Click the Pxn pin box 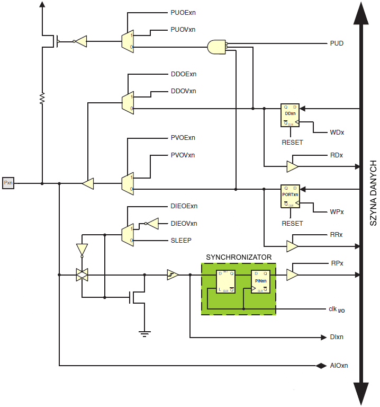click(8, 183)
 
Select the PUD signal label click(337, 43)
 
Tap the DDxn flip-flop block click(290, 115)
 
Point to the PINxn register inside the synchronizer click(260, 281)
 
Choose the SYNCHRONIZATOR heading click(239, 257)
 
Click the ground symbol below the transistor click(144, 333)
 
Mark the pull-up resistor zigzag click(42, 98)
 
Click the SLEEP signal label click(181, 240)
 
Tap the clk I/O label click(336, 309)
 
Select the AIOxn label click(339, 366)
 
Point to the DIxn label click(337, 337)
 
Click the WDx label click(337, 132)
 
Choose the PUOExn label click(183, 12)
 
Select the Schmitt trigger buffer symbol click(172, 275)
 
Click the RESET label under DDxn click(292, 143)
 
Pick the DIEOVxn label click(184, 223)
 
